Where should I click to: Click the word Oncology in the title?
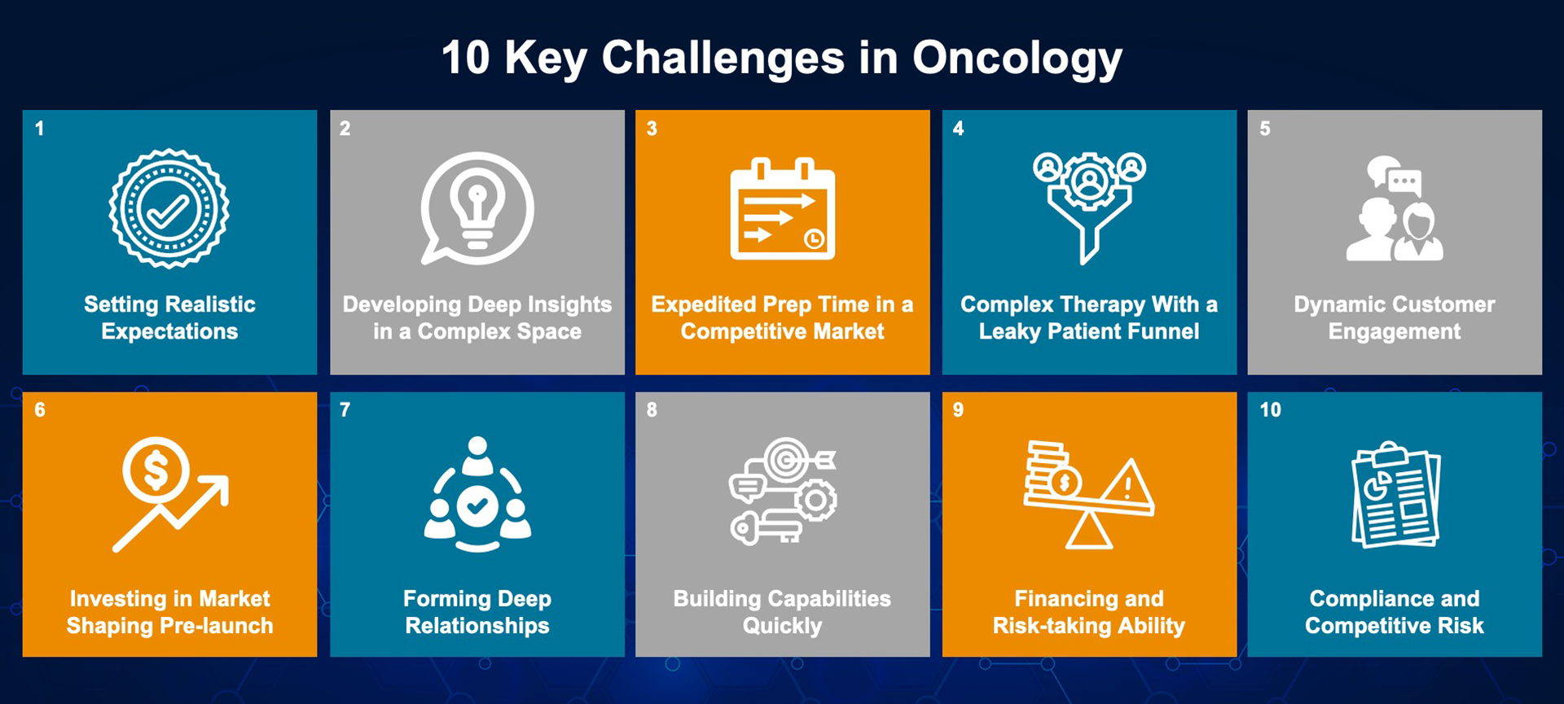pyautogui.click(x=1017, y=59)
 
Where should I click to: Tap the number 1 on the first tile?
pyautogui.click(x=39, y=129)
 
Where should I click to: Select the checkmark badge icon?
pyautogui.click(x=169, y=208)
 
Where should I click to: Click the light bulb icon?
pyautogui.click(x=477, y=208)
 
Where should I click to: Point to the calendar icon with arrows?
pyautogui.click(x=783, y=208)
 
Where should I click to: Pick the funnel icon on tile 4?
pyautogui.click(x=1089, y=208)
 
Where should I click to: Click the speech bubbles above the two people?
pyautogui.click(x=1395, y=175)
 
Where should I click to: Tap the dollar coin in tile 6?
pyautogui.click(x=156, y=471)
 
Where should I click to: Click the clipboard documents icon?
pyautogui.click(x=1395, y=495)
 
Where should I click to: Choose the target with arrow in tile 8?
pyautogui.click(x=797, y=461)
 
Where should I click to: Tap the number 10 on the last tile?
pyautogui.click(x=1271, y=410)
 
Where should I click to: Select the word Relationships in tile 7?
pyautogui.click(x=477, y=626)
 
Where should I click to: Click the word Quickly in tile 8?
pyautogui.click(x=782, y=626)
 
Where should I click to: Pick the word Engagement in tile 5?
pyautogui.click(x=1395, y=332)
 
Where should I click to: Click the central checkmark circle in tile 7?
pyautogui.click(x=477, y=506)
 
